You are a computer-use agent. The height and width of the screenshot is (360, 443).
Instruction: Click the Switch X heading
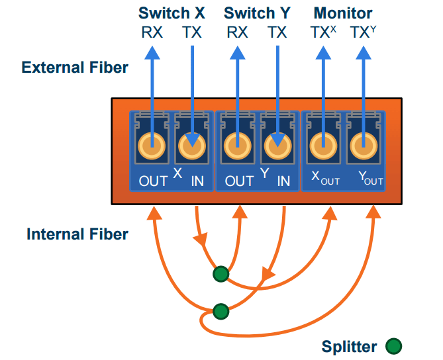click(172, 13)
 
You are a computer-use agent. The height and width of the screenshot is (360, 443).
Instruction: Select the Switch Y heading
click(257, 13)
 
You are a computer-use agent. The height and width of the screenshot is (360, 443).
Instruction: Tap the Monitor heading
click(342, 13)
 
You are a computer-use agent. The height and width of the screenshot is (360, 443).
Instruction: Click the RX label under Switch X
click(152, 32)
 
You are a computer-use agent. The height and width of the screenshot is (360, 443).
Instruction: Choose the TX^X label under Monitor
click(324, 32)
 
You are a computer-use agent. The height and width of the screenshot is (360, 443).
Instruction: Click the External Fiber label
click(75, 67)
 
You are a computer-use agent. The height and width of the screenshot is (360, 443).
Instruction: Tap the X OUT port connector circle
click(152, 144)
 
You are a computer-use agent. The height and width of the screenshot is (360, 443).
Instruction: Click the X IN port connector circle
click(191, 144)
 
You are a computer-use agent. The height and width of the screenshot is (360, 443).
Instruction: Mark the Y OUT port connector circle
click(237, 144)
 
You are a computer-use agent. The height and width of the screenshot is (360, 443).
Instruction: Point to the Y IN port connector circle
click(277, 144)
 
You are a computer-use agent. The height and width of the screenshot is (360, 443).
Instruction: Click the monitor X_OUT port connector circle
click(323, 144)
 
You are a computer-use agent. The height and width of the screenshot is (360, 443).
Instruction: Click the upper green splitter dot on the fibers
click(221, 273)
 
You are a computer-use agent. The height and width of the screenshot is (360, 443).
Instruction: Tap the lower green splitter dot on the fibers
click(221, 311)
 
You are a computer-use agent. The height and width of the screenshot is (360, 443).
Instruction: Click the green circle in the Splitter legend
click(393, 345)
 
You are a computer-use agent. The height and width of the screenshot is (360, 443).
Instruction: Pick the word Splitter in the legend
click(349, 346)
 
